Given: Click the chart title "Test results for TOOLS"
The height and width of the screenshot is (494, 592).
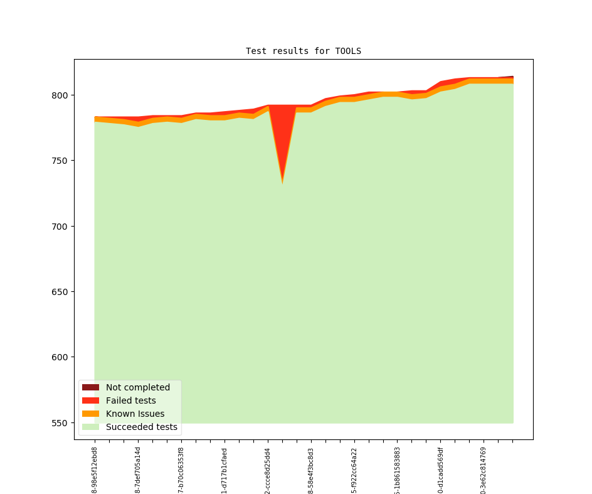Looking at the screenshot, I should pos(303,51).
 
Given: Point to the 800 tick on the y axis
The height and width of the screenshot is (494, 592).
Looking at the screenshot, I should pos(61,95).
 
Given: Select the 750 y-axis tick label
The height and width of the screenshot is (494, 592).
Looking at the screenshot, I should pos(61,161).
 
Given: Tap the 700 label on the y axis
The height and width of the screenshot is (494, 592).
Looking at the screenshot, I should pos(61,226).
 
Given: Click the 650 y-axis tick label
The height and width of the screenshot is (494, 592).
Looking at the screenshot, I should pos(61,292).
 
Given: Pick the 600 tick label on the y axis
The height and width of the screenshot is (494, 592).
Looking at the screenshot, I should pos(61,357).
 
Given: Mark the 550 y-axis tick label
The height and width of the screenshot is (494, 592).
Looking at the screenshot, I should pos(61,423).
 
